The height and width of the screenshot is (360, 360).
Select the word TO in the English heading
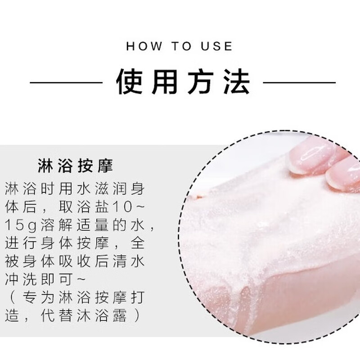(180, 46)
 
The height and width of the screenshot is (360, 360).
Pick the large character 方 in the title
(201, 82)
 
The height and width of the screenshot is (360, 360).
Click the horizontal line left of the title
(67, 83)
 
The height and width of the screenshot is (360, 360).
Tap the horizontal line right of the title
(299, 83)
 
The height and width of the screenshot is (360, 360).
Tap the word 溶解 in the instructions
(58, 225)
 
